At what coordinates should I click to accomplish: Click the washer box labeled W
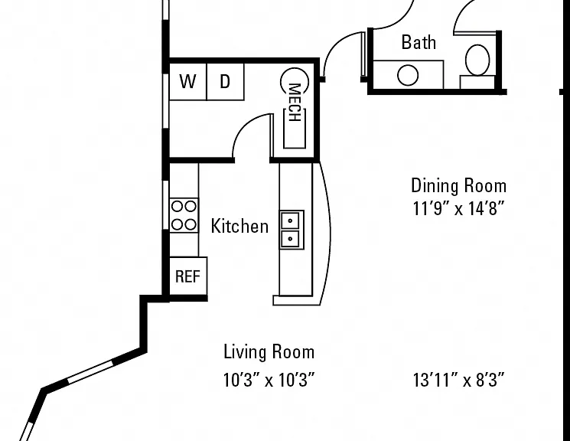[188, 81]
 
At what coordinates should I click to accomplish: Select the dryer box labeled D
[226, 81]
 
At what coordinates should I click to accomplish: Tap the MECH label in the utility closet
[294, 103]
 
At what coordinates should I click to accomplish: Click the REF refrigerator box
[188, 276]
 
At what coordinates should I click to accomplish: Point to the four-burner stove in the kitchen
[184, 215]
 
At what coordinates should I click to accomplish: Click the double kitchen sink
[292, 230]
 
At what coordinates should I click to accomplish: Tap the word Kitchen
[240, 226]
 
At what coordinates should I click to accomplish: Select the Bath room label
[419, 42]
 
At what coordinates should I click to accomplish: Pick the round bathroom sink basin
[408, 75]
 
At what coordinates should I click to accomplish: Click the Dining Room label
[459, 185]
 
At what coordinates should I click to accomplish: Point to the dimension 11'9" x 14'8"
[459, 208]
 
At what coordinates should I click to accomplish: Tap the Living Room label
[269, 352]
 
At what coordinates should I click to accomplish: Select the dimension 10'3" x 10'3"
[269, 381]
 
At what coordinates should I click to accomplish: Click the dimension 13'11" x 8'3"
[459, 381]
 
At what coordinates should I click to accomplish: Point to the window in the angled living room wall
[90, 371]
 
